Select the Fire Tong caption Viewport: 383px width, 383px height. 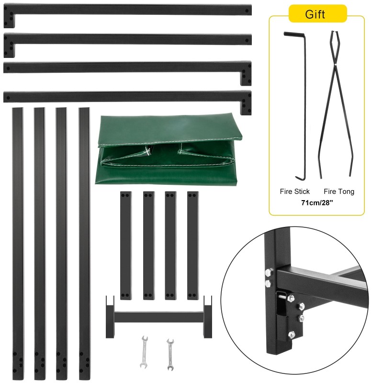(339, 191)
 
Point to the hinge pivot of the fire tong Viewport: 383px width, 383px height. (337, 64)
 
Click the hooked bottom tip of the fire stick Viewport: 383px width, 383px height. (300, 178)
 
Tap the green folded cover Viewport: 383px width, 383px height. (168, 149)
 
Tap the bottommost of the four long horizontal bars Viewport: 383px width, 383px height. (127, 96)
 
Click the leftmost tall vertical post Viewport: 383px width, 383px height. (18, 239)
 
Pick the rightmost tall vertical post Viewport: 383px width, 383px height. (84, 239)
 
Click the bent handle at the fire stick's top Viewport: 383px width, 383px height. (293, 34)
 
